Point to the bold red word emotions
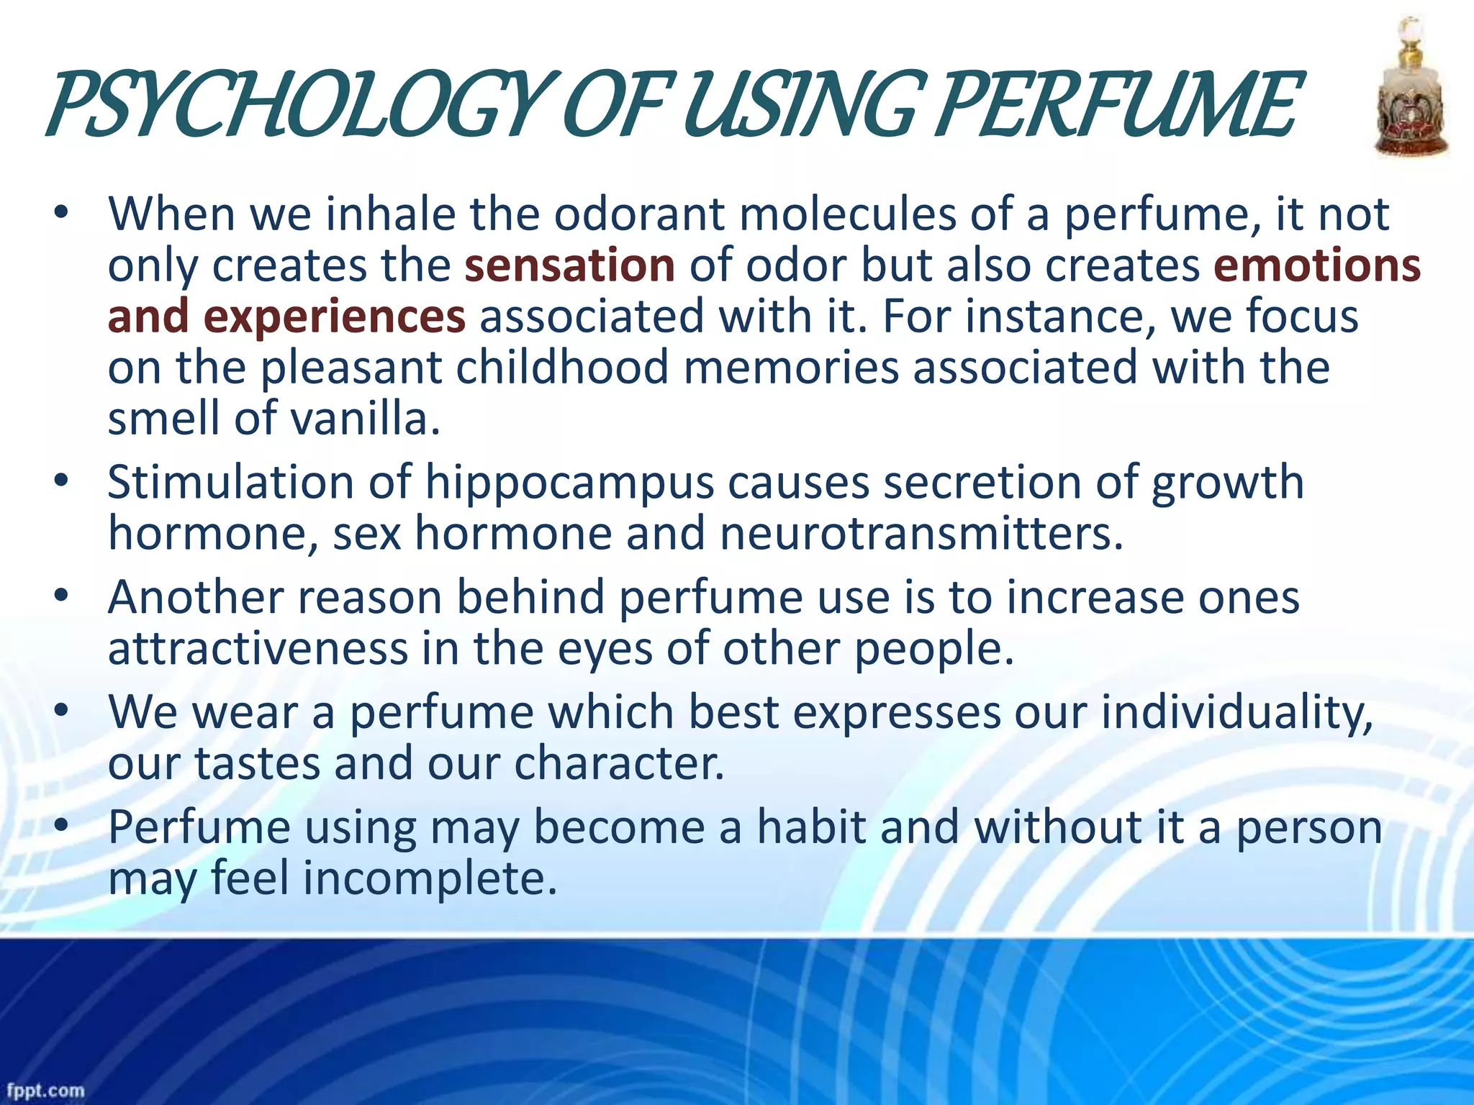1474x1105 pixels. (x=1316, y=265)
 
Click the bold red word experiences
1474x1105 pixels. (x=334, y=317)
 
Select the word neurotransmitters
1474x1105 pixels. (x=921, y=534)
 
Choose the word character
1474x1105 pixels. (x=619, y=763)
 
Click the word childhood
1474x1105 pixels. (x=562, y=368)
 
